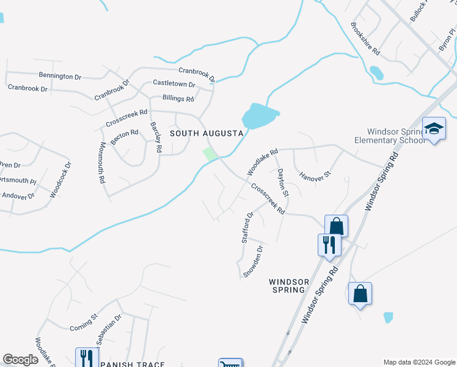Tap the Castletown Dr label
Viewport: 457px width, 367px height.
click(174, 84)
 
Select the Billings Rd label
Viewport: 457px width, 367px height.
click(178, 98)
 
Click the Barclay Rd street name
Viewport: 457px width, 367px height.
click(156, 137)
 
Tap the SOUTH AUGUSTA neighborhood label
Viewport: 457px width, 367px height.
click(207, 133)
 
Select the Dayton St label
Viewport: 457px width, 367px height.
click(282, 182)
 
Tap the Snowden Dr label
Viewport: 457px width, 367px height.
click(252, 262)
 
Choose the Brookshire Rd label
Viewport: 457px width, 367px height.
click(365, 38)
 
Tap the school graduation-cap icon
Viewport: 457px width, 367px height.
click(434, 129)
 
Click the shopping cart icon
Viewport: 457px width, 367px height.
click(231, 364)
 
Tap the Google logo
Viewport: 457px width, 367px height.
click(20, 360)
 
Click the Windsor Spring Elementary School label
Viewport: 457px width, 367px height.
click(390, 136)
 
